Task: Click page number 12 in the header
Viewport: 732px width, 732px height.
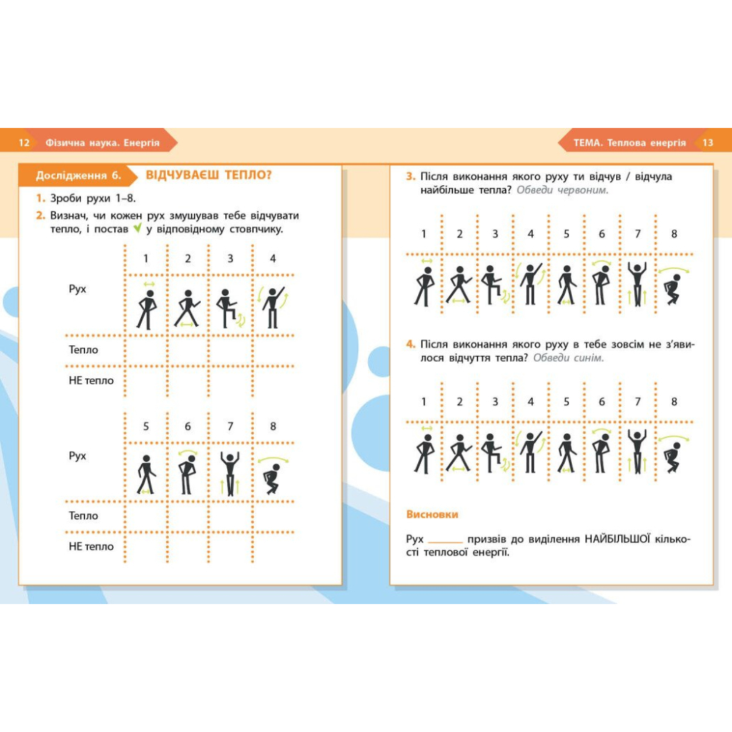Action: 24,142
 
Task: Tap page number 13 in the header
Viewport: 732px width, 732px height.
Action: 708,142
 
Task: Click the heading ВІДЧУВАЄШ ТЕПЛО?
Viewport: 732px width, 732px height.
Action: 209,175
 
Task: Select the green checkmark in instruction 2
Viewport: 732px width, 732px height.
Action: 137,228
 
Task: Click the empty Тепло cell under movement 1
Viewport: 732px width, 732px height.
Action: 146,350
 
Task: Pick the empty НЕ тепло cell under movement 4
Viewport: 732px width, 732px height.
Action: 274,382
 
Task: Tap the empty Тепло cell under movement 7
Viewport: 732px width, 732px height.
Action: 231,516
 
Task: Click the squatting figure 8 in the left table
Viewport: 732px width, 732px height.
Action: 273,475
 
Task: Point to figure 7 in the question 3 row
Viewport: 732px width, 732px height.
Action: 637,283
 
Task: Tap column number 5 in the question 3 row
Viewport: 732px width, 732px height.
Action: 566,234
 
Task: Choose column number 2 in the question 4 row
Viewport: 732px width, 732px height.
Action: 460,402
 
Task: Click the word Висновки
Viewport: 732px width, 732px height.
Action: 432,515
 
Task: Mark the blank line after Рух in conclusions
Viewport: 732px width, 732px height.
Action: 445,543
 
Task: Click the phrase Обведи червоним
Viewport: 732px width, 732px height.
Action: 563,190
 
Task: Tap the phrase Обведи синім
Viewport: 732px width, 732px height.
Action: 568,357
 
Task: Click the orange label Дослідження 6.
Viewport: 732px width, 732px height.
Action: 79,176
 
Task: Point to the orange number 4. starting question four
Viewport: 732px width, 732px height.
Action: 410,344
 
